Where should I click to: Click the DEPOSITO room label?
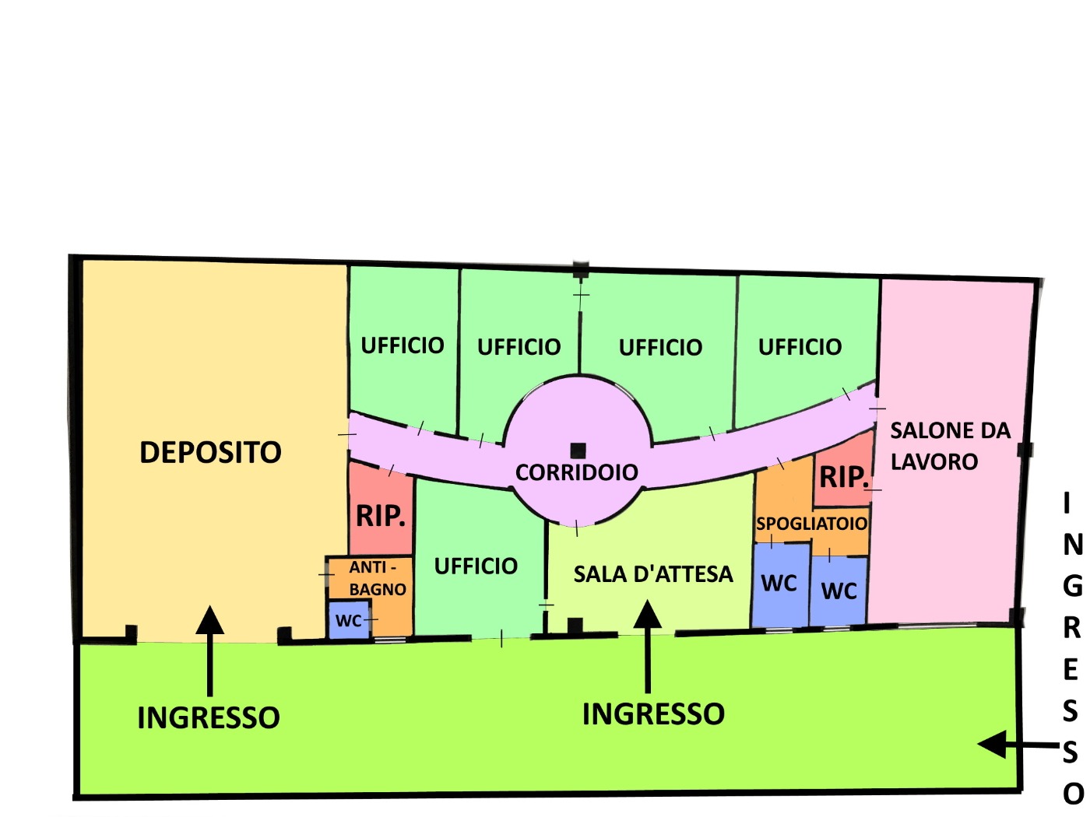210,452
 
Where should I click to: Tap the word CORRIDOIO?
576,472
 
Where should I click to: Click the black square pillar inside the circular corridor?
578,451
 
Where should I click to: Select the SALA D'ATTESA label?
653,574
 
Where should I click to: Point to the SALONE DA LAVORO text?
949,446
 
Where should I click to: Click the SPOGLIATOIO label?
811,524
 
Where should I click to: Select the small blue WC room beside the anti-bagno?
349,620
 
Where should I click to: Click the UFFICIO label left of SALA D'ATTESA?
476,566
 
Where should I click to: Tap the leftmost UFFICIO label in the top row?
403,345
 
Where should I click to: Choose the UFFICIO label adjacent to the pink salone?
800,346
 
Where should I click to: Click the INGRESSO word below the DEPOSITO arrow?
209,717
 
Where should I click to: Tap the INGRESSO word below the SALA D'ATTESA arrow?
653,714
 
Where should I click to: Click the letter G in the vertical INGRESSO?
1072,586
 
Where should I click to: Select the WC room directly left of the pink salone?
839,591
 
